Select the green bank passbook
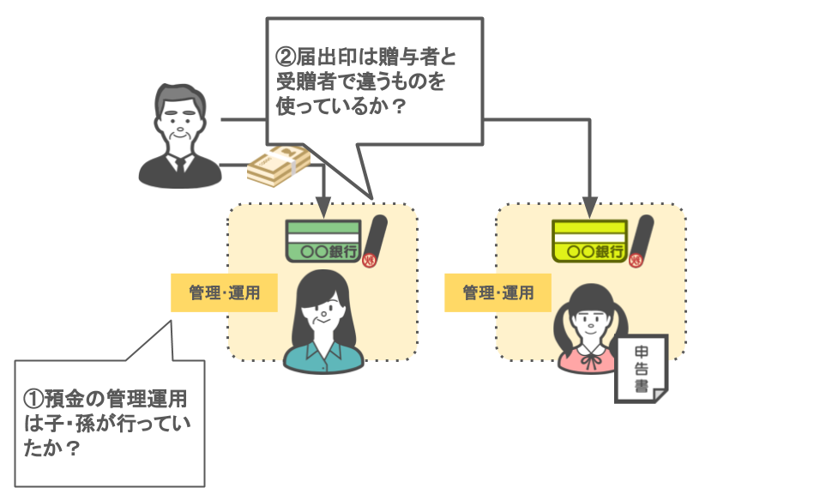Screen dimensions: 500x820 322,241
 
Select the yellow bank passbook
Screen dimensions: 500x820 590,241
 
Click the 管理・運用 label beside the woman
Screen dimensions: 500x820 224,293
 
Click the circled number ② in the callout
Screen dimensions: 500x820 286,59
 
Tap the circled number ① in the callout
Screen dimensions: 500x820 33,400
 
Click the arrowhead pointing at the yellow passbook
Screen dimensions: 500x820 590,208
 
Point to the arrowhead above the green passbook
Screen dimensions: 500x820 322,208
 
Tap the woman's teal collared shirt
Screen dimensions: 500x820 322,358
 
